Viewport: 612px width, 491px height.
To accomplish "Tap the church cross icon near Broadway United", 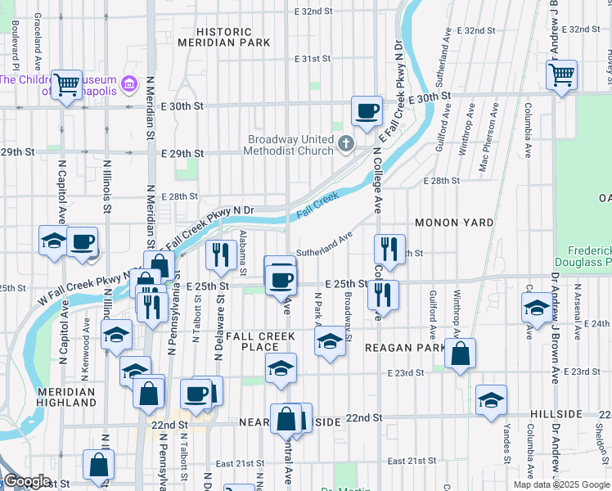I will coord(345,146).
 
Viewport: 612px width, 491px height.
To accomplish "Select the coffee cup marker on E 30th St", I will coord(367,110).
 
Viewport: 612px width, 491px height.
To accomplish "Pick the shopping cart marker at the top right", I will coord(561,75).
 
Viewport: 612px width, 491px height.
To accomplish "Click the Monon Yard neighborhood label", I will coord(454,223).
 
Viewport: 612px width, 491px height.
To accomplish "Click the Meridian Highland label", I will coord(67,398).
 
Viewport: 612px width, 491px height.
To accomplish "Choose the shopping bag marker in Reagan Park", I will coord(461,354).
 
